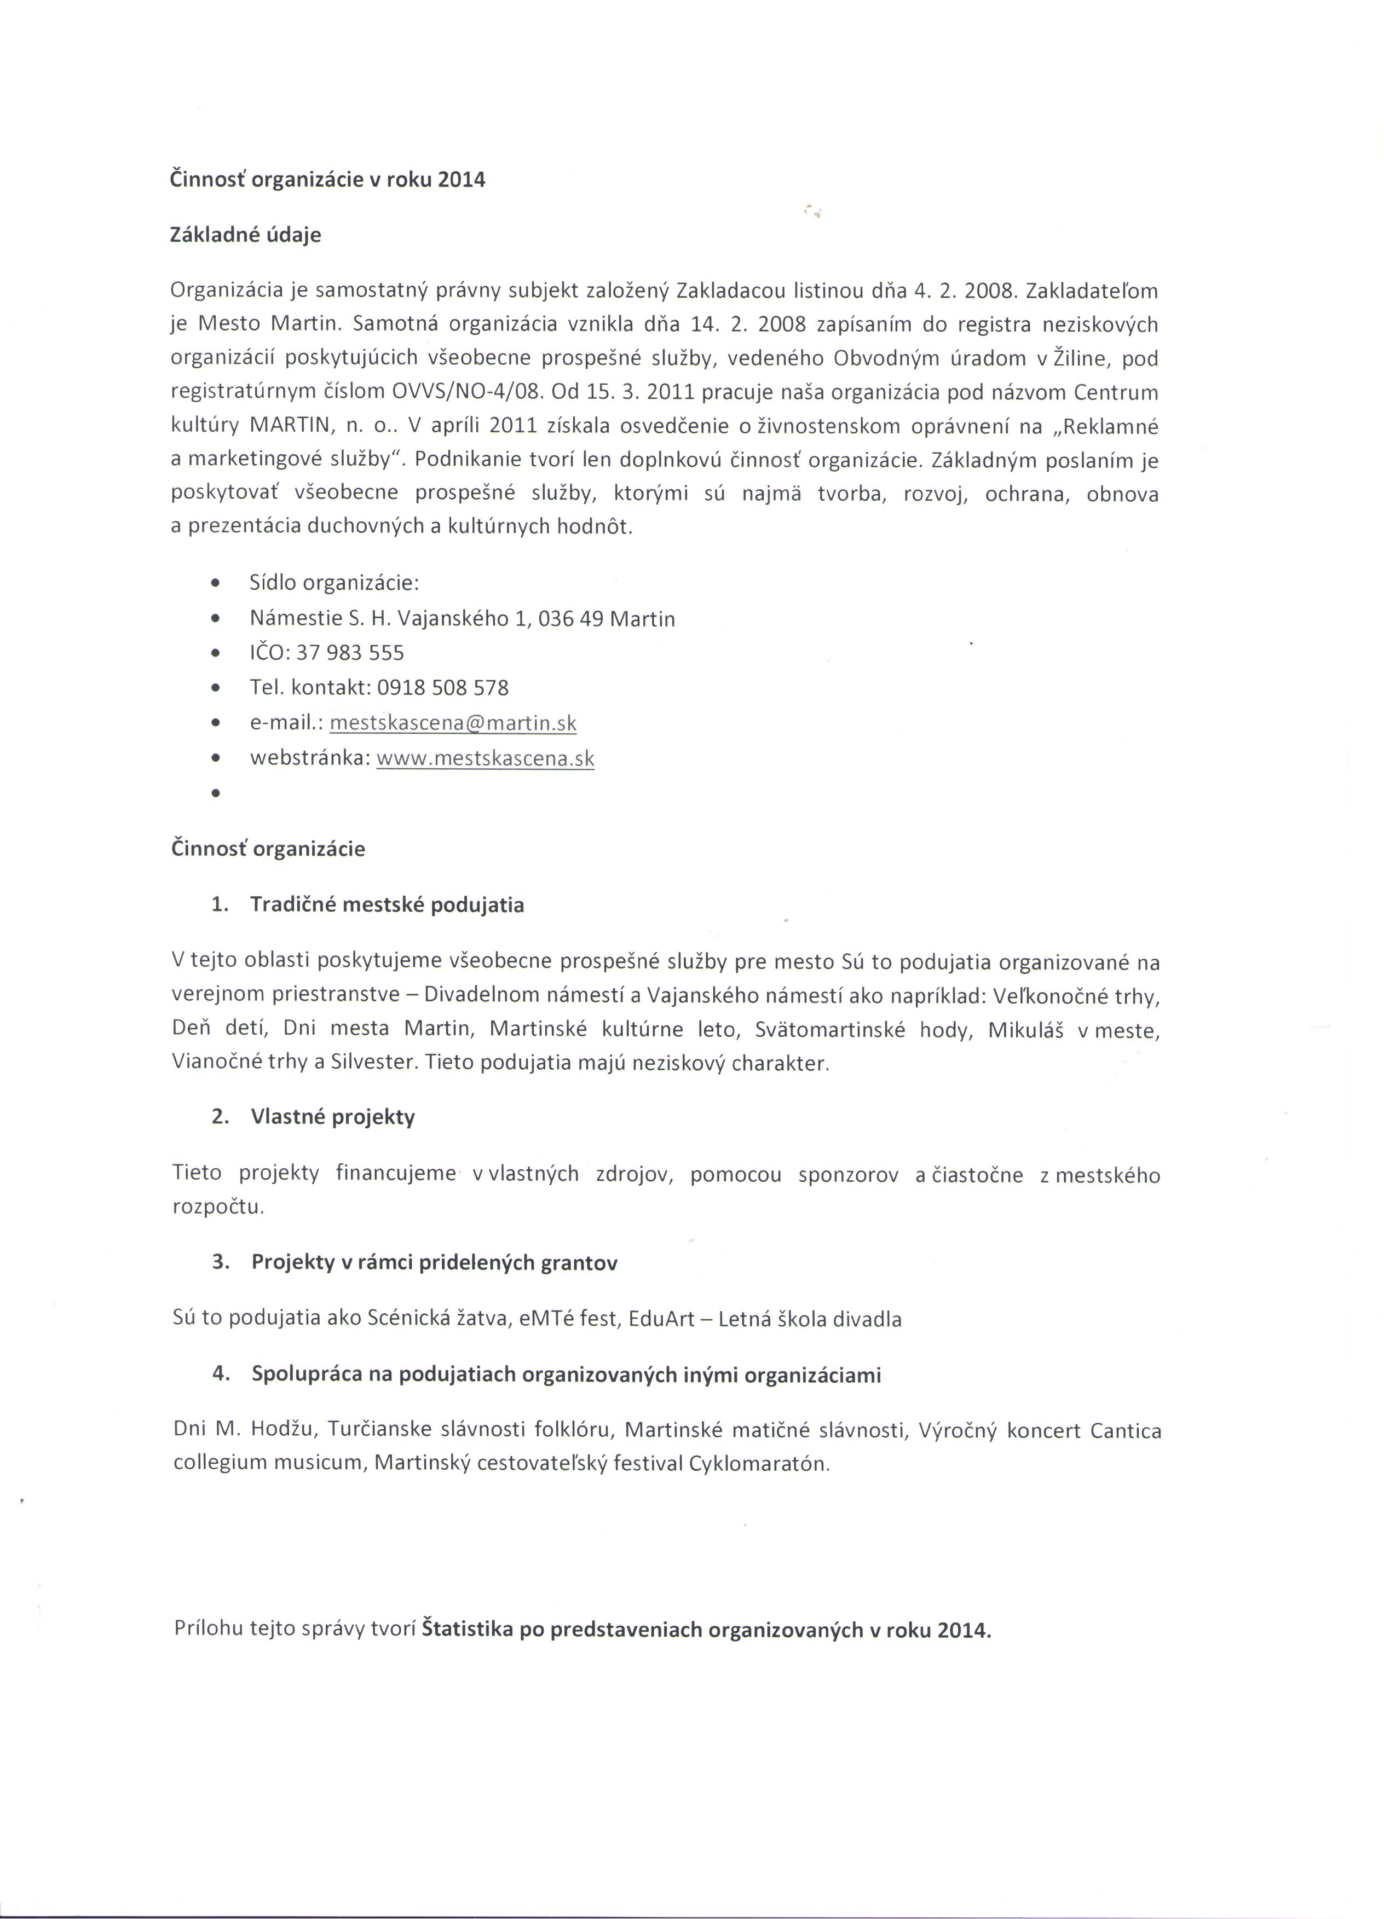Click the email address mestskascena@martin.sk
pyautogui.click(x=453, y=723)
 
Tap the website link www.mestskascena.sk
pyautogui.click(x=485, y=758)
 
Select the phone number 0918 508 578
pyautogui.click(x=443, y=688)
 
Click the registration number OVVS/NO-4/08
pyautogui.click(x=466, y=392)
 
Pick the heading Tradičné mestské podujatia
pyautogui.click(x=387, y=905)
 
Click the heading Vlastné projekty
pyautogui.click(x=333, y=1117)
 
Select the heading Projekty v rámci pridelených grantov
pyautogui.click(x=434, y=1262)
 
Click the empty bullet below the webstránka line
pyautogui.click(x=217, y=793)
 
